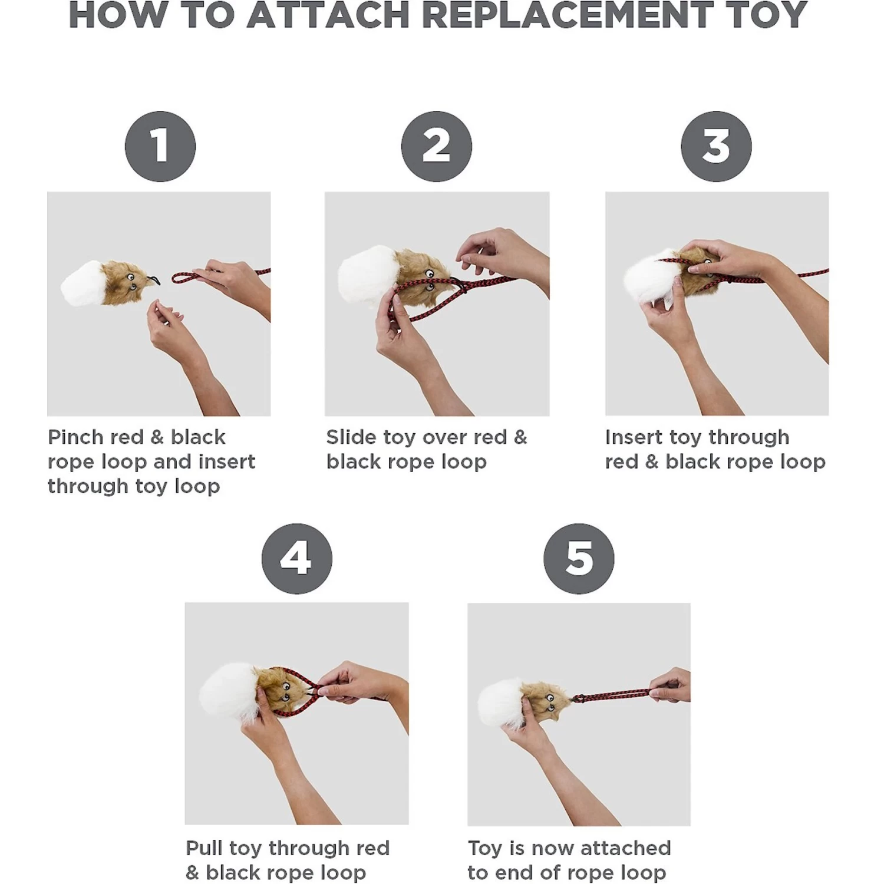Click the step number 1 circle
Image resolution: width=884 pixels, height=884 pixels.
click(160, 146)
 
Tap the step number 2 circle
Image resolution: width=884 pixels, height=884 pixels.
click(436, 146)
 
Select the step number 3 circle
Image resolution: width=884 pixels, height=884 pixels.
click(716, 146)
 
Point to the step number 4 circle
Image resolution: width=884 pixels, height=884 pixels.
click(296, 558)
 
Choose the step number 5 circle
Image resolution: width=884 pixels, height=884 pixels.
click(579, 558)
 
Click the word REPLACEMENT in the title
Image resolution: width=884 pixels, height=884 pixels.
click(567, 15)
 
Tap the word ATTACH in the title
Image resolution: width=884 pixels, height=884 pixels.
click(328, 15)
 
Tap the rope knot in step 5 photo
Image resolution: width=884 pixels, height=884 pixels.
click(578, 699)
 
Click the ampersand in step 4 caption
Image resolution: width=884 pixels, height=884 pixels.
click(193, 873)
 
